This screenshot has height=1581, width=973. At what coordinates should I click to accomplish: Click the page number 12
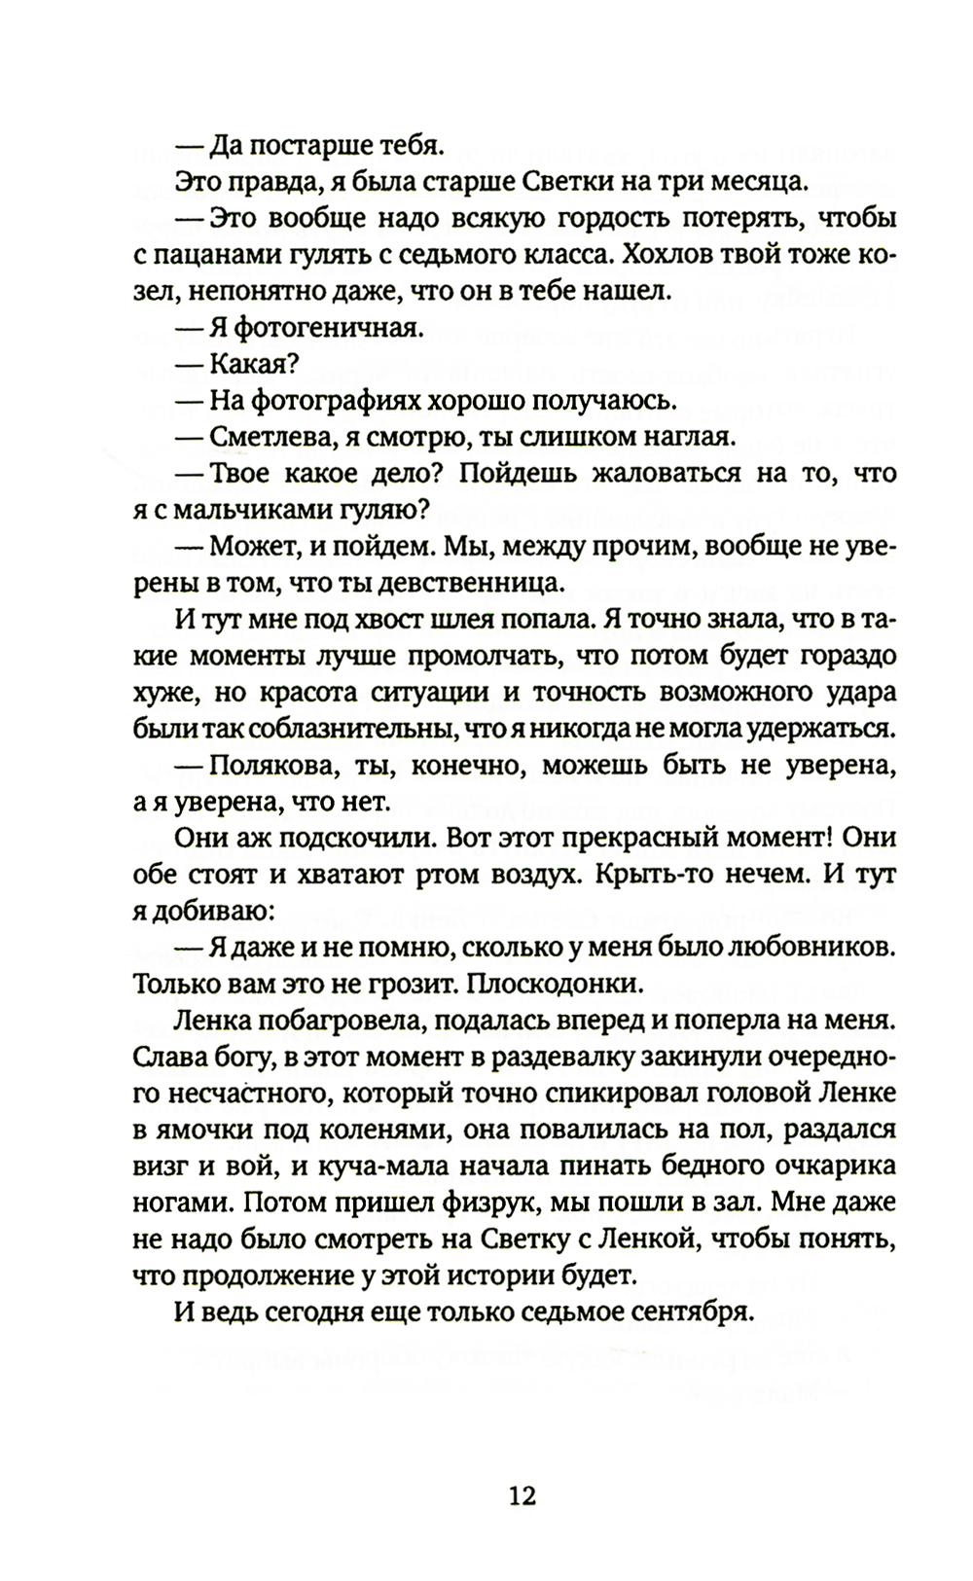523,1494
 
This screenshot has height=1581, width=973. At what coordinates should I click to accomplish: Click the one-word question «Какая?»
253,364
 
